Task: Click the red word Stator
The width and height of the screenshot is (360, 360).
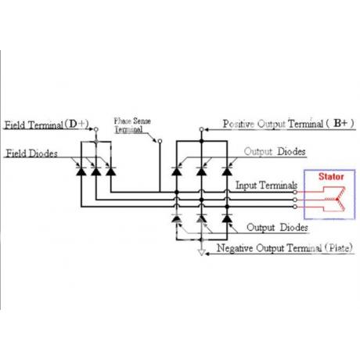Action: coord(331,177)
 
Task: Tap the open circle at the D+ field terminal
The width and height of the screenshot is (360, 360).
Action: coord(96,129)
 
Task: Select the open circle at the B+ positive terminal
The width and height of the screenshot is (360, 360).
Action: coord(201,129)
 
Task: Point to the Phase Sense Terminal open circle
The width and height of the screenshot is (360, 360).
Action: coord(160,141)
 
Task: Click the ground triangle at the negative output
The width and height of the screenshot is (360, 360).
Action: coord(201,253)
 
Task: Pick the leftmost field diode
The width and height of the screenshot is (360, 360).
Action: coord(81,171)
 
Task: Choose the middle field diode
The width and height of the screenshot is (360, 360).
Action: coord(96,171)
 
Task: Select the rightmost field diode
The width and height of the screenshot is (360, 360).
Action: coord(111,171)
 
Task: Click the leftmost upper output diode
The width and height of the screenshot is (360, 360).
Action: coord(177,171)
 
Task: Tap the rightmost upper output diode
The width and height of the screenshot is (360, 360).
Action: coord(227,171)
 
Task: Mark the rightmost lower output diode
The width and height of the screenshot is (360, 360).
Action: coord(227,218)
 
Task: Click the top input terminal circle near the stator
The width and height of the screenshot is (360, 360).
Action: coord(295,192)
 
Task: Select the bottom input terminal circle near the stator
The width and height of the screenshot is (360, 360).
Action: coord(295,207)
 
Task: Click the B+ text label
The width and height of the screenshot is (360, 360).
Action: coord(340,123)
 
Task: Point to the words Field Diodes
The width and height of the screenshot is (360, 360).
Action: coord(31,153)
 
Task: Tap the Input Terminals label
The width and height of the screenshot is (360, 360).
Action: coord(266,185)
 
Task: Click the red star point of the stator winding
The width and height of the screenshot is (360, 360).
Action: coord(337,200)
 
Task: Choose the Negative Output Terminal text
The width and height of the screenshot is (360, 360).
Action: coord(269,248)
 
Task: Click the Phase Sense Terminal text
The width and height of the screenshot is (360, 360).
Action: coord(132,125)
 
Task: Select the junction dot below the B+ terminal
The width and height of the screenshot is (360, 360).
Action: coord(201,141)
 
